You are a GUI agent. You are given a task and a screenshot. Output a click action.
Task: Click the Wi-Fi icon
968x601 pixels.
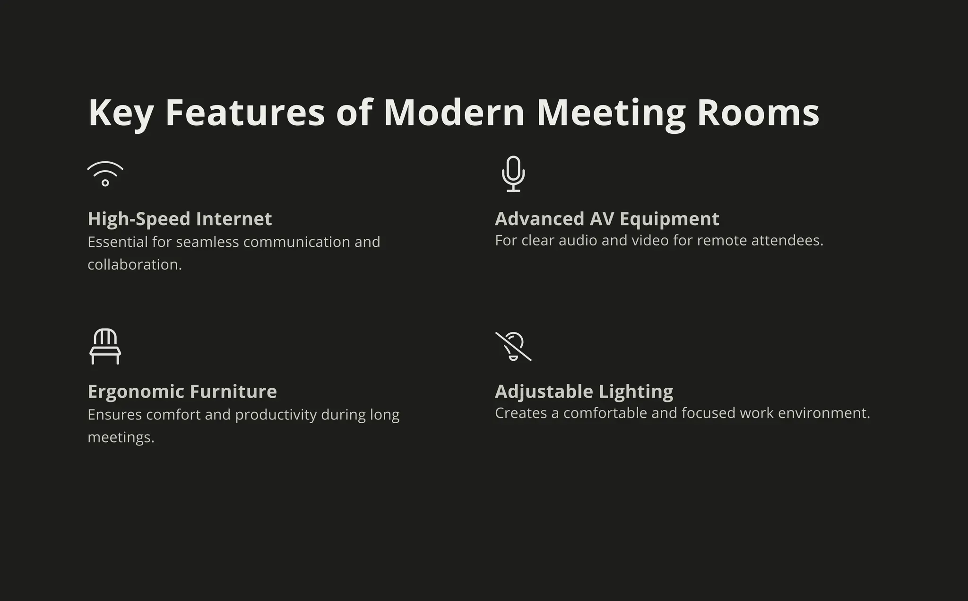[105, 174]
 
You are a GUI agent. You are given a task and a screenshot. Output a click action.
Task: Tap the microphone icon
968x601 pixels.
[513, 174]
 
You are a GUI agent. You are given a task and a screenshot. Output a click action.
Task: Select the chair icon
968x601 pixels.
[105, 346]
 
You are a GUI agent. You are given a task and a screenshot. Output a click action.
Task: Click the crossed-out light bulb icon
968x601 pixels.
[513, 346]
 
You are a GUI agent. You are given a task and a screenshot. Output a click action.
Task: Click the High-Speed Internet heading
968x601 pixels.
[180, 219]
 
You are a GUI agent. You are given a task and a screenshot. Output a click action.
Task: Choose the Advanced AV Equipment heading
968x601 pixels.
[607, 219]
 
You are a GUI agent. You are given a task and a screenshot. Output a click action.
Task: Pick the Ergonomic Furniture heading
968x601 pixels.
[182, 392]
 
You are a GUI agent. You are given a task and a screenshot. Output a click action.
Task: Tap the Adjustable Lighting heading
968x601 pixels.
[584, 392]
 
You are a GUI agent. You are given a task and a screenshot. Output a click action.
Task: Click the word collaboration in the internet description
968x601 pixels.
[134, 265]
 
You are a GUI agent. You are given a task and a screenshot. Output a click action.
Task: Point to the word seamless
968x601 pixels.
[207, 242]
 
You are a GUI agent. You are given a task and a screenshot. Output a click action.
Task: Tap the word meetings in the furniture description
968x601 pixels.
[121, 437]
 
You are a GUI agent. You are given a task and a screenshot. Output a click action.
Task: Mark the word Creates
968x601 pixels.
[520, 413]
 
